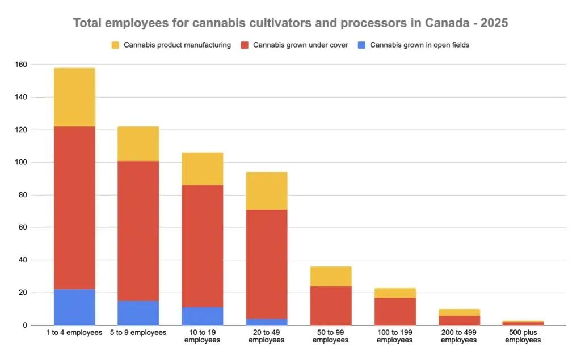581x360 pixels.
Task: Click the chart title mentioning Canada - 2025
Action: pos(290,23)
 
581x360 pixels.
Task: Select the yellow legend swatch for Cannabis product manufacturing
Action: pos(115,45)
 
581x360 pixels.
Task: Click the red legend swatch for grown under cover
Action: pos(246,45)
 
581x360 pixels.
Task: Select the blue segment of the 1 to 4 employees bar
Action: pos(74,307)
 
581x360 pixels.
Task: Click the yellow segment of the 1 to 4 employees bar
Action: pos(74,97)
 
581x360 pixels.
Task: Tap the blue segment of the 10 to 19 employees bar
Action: pos(203,316)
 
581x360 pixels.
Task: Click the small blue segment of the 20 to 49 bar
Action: pos(267,322)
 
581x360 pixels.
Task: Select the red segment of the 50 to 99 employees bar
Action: pos(331,306)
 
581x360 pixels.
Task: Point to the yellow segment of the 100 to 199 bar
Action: pos(395,293)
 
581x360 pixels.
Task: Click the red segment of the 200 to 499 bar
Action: pos(459,320)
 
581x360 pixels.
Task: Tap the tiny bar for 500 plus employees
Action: pos(523,323)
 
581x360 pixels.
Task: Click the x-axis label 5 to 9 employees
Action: pos(138,333)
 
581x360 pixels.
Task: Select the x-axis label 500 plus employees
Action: pos(523,336)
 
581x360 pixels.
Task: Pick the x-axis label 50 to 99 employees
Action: pos(331,336)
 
